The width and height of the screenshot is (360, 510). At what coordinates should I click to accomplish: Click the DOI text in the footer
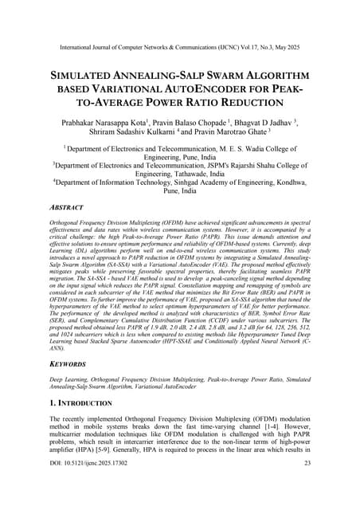point(81,485)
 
